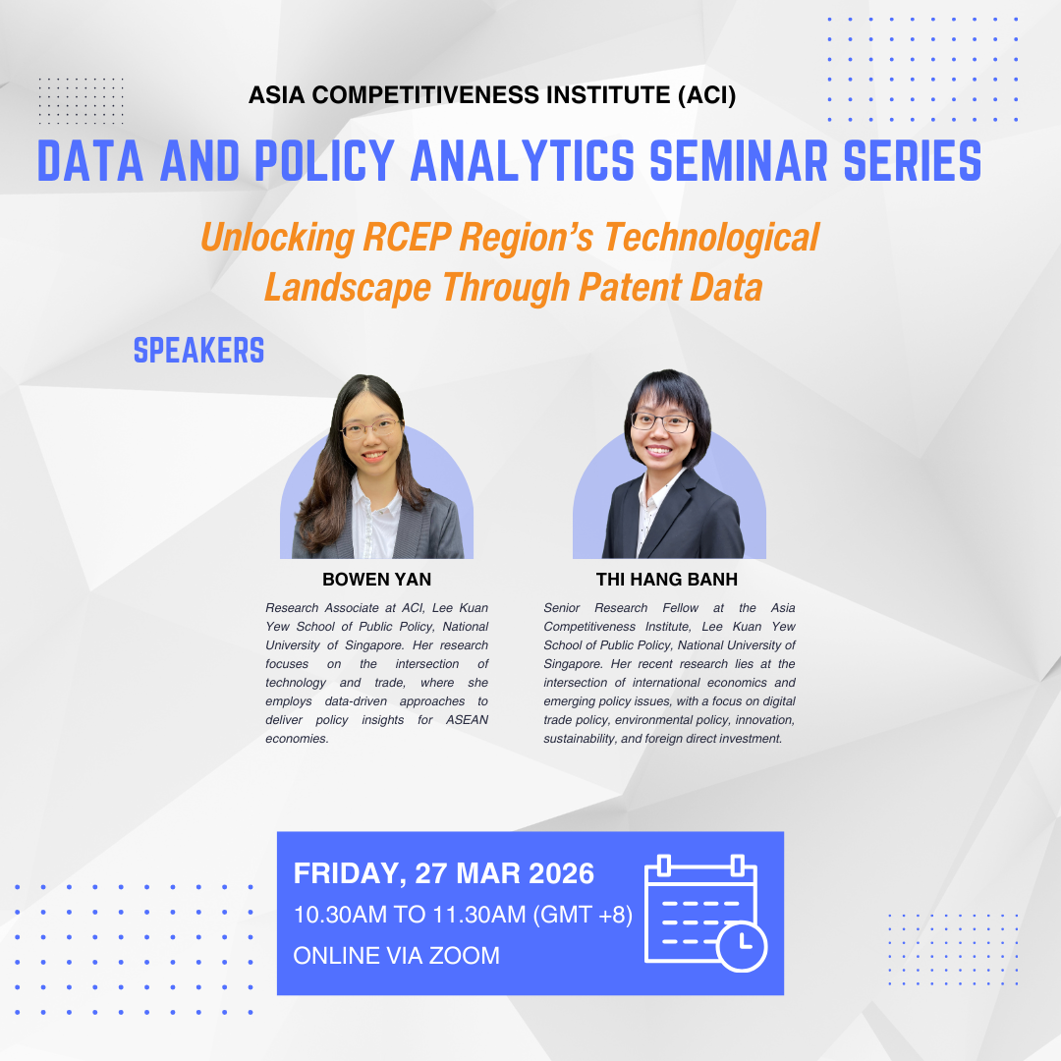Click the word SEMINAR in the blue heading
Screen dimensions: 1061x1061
coord(739,161)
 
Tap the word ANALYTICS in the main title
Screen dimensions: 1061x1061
coord(523,161)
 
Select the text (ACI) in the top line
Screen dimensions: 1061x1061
coord(706,95)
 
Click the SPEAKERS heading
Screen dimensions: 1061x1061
coord(198,351)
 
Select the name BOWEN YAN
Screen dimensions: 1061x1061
coord(377,580)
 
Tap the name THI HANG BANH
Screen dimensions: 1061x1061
coord(666,580)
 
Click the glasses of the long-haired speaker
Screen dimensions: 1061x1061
coord(371,428)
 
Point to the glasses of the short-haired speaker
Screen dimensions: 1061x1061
coord(662,422)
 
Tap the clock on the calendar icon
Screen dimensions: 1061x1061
coord(742,945)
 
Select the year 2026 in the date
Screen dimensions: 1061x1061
coord(561,873)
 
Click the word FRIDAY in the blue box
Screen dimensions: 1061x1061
coord(350,873)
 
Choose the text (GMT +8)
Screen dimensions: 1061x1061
coord(583,915)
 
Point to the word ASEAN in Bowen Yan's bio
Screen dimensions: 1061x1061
coord(467,720)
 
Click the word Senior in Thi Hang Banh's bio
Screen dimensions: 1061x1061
coord(562,608)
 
